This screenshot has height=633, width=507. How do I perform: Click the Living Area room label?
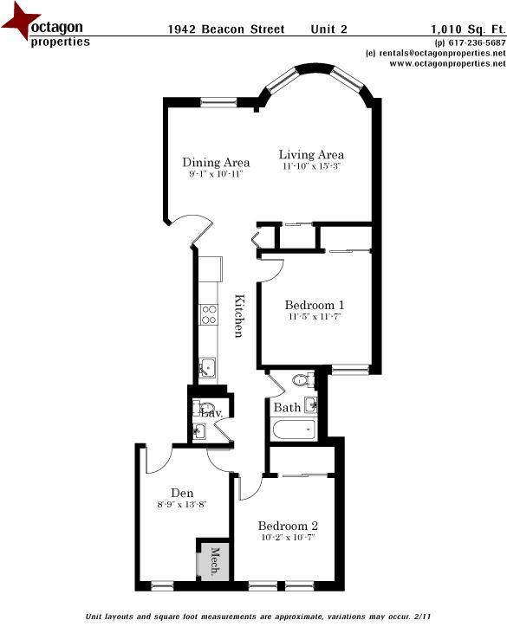point(311,155)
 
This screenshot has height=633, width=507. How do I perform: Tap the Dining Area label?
point(216,162)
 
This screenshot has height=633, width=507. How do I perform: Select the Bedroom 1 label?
point(315,305)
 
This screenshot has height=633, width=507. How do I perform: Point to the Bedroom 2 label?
point(288,526)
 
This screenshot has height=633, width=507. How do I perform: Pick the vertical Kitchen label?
point(239,317)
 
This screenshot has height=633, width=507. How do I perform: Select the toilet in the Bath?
point(302,379)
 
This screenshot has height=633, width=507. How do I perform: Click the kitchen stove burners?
point(208,313)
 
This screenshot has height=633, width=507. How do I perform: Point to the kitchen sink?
point(206,367)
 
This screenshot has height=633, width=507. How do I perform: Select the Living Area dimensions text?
point(311,166)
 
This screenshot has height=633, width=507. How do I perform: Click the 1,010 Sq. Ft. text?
point(468,29)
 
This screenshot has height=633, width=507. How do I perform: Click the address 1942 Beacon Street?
point(225,29)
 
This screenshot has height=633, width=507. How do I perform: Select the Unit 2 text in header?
point(328,29)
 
